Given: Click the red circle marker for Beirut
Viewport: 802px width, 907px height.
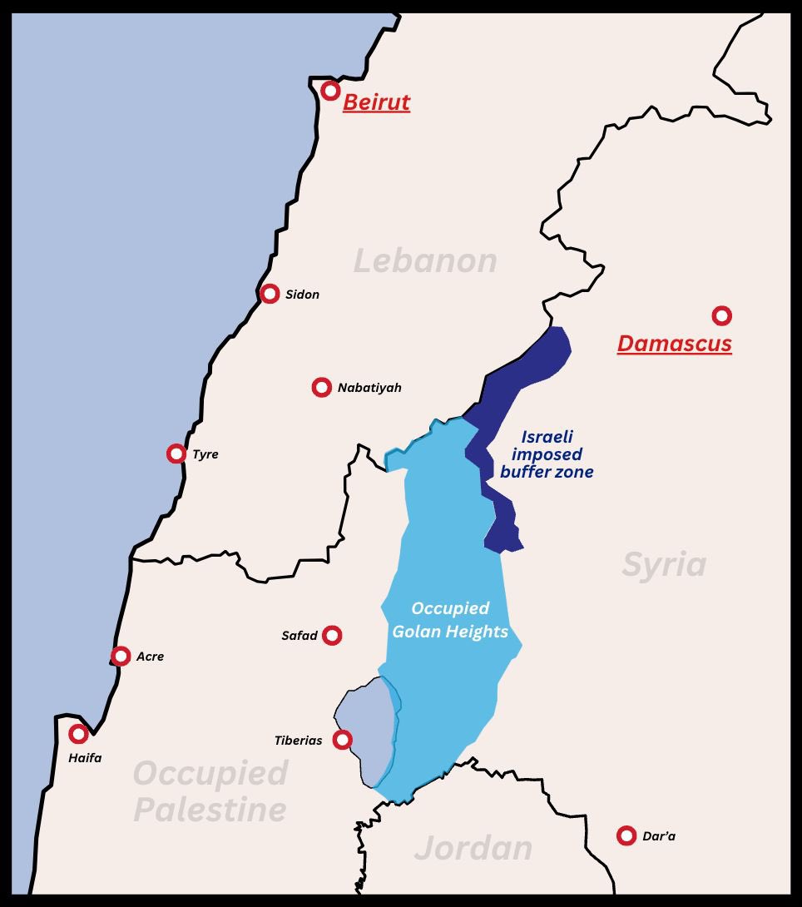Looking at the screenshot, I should click(x=330, y=91).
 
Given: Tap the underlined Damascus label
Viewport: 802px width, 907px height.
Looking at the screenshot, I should click(x=674, y=344).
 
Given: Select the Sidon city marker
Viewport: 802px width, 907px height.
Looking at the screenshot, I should click(x=270, y=294).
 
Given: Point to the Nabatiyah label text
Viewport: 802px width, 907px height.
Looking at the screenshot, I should click(x=369, y=388).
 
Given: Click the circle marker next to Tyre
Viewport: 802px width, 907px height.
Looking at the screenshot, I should click(x=176, y=453).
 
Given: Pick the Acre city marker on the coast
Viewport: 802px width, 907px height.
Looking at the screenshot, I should click(x=121, y=656).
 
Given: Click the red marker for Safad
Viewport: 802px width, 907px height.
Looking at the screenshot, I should click(x=332, y=636).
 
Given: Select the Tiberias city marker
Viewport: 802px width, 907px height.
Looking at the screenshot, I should click(x=342, y=739).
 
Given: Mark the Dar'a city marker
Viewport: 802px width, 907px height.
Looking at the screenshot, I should click(x=626, y=835).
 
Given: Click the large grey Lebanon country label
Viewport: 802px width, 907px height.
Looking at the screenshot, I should click(x=425, y=261).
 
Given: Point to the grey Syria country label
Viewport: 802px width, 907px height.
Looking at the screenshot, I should click(x=664, y=565).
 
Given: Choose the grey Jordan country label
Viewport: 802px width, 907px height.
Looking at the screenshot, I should click(x=473, y=848).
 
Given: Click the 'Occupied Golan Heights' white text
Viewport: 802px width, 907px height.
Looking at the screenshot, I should click(x=450, y=620).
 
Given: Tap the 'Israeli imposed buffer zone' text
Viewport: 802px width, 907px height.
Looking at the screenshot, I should click(x=547, y=454).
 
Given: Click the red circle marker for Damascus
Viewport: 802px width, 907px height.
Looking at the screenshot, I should click(x=721, y=315).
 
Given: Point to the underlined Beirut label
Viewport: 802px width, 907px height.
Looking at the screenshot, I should click(x=376, y=102).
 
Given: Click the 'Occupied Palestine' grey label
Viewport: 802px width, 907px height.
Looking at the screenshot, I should click(x=210, y=791).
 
